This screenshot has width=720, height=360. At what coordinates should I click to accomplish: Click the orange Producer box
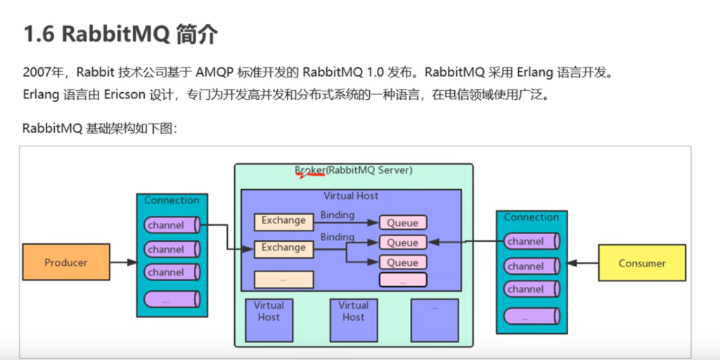[x=66, y=262]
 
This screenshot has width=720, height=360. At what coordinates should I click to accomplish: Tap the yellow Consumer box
[x=641, y=263]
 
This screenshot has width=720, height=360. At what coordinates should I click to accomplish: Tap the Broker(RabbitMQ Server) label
[x=353, y=170]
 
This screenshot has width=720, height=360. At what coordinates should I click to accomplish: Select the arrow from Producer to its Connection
[x=123, y=262]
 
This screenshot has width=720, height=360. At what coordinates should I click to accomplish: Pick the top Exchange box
[x=283, y=221]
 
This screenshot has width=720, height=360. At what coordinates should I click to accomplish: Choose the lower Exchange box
[x=283, y=247]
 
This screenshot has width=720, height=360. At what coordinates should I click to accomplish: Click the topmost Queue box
[x=403, y=223]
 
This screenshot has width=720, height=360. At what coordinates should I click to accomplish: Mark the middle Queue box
[x=403, y=243]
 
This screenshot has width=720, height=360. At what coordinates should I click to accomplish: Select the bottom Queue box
[x=403, y=262]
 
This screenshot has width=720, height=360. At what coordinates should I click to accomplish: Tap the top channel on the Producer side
[x=169, y=226]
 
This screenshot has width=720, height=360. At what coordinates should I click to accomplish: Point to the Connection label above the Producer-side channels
[x=172, y=200]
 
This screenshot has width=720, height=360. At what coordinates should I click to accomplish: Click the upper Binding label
[x=337, y=214]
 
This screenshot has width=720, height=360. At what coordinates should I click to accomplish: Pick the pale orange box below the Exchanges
[x=283, y=279]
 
